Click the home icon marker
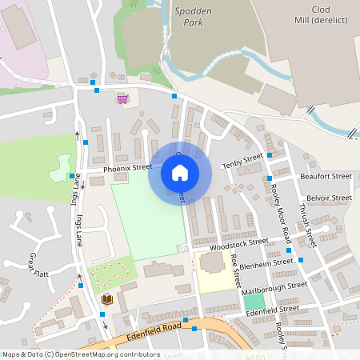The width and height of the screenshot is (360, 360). [x=180, y=173]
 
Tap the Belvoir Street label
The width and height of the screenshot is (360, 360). [x=328, y=198]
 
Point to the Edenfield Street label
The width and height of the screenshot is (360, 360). [x=273, y=309]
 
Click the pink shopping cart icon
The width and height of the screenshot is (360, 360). [x=122, y=99]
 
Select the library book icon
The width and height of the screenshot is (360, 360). [x=106, y=299]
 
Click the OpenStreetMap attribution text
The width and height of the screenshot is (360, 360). [x=80, y=354]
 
